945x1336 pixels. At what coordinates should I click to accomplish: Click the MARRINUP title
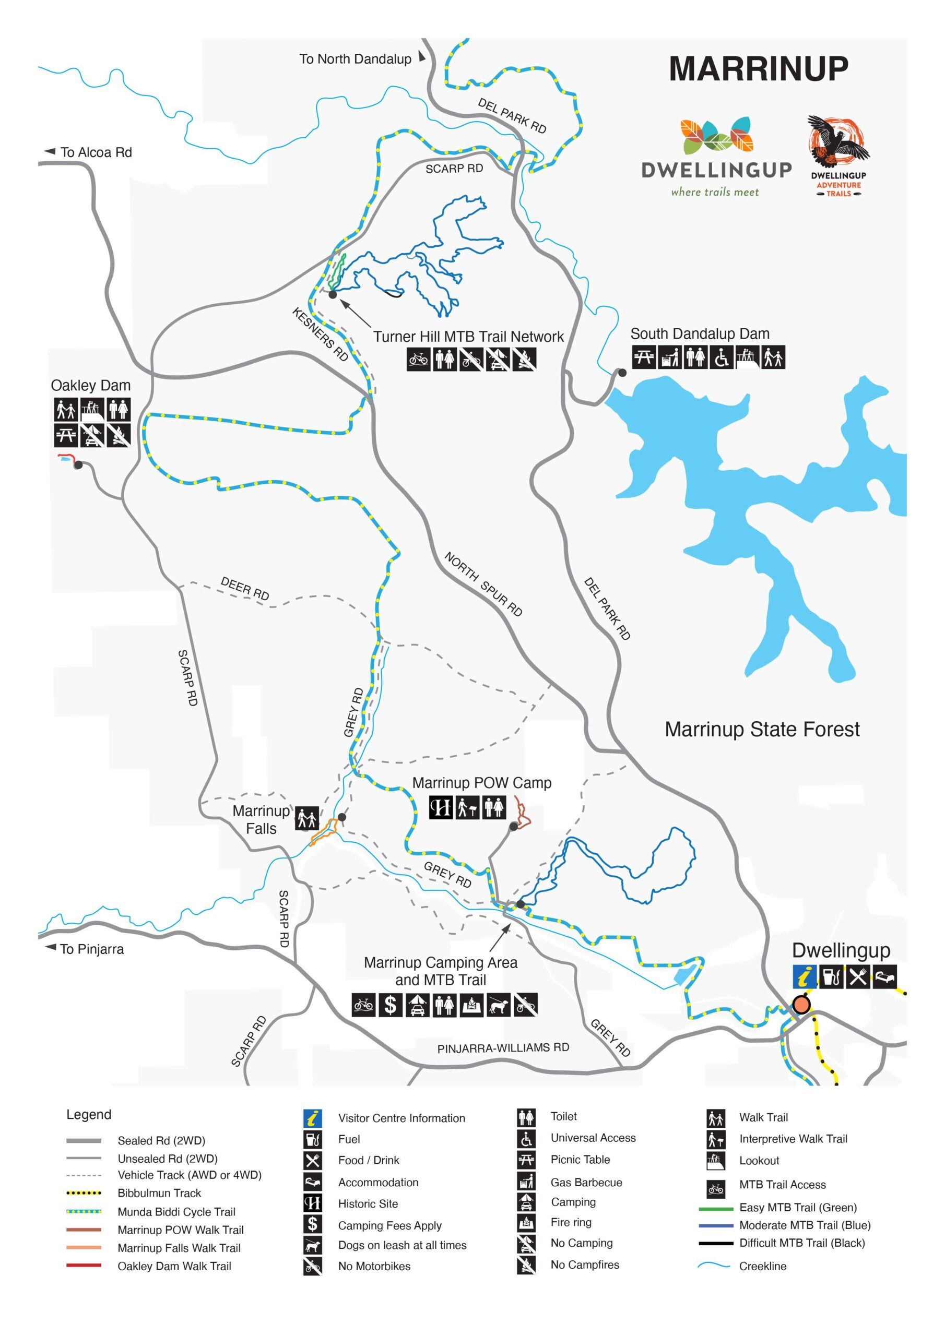click(758, 69)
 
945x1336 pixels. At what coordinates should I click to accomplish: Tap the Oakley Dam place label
click(90, 385)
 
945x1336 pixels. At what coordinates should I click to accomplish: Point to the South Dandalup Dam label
click(700, 334)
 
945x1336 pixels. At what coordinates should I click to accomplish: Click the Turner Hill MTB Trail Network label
click(468, 337)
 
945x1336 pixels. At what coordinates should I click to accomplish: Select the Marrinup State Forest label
click(762, 730)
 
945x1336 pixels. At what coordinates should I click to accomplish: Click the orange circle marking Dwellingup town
click(801, 1005)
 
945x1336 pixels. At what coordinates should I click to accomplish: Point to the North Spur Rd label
click(483, 583)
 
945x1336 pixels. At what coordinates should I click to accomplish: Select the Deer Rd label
click(244, 589)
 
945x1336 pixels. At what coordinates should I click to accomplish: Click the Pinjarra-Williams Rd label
click(503, 1048)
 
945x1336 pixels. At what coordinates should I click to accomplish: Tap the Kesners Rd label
click(320, 335)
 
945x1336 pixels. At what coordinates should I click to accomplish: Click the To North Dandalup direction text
click(355, 59)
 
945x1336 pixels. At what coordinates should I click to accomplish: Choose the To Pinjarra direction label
click(91, 950)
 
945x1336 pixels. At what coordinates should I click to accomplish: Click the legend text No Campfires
click(585, 1265)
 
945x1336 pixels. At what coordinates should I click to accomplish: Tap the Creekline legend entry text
click(762, 1266)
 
